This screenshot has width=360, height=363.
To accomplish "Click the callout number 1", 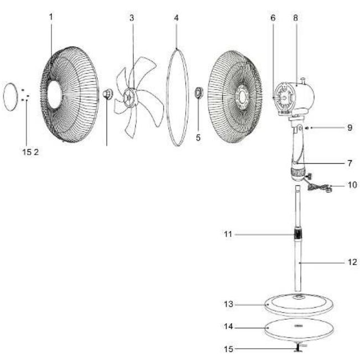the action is tap(51, 17).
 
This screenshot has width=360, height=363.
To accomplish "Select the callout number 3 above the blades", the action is tap(132, 18).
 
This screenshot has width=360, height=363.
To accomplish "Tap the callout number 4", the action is tap(176, 18).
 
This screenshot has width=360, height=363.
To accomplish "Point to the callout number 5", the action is tap(198, 138).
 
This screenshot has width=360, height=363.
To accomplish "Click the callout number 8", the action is tap(295, 18).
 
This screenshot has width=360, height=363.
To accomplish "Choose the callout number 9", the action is tap(350, 128).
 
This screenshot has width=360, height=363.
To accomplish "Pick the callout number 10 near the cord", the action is tap(352, 185).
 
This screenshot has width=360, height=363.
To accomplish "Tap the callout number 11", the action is tap(228, 234).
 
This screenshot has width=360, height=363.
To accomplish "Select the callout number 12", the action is tap(352, 262).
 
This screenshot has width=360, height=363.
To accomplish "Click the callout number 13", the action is tap(228, 304).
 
